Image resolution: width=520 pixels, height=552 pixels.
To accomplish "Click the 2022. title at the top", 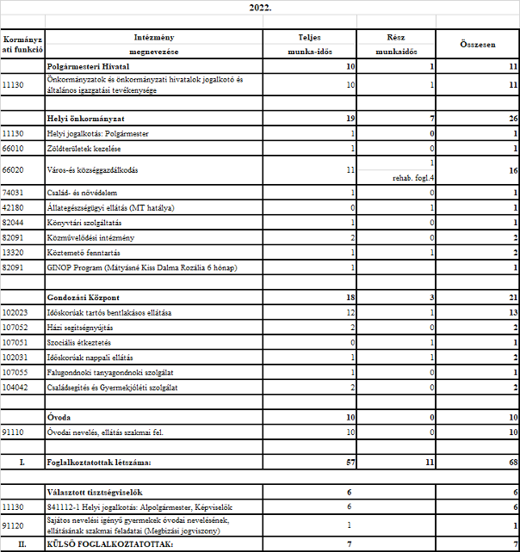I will click(259, 7).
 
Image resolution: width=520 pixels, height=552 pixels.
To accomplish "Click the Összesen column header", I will click(478, 44).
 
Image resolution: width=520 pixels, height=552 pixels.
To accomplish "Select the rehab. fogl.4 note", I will click(412, 178).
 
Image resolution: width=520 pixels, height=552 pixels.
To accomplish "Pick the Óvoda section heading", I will click(60, 417).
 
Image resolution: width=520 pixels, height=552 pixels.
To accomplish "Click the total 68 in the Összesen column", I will click(511, 463).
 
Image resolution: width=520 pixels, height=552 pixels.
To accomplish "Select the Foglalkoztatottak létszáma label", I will click(100, 463).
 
